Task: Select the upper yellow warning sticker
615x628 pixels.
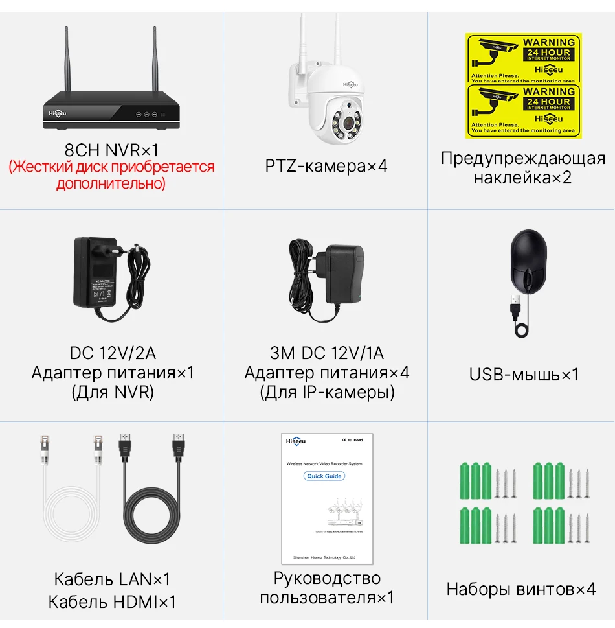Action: (524, 58)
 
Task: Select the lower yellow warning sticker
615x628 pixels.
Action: (524, 111)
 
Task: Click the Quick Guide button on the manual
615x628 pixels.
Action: (324, 476)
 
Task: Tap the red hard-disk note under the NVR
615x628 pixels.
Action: (111, 175)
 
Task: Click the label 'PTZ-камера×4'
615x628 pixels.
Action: (326, 166)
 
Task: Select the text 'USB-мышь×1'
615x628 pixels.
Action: (524, 375)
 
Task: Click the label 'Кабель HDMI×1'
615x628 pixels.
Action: (112, 601)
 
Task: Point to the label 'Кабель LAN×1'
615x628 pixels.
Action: (112, 579)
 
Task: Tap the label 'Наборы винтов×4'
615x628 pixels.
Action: (520, 589)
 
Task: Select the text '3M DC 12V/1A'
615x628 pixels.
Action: (326, 353)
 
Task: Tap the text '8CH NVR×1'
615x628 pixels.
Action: (111, 150)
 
